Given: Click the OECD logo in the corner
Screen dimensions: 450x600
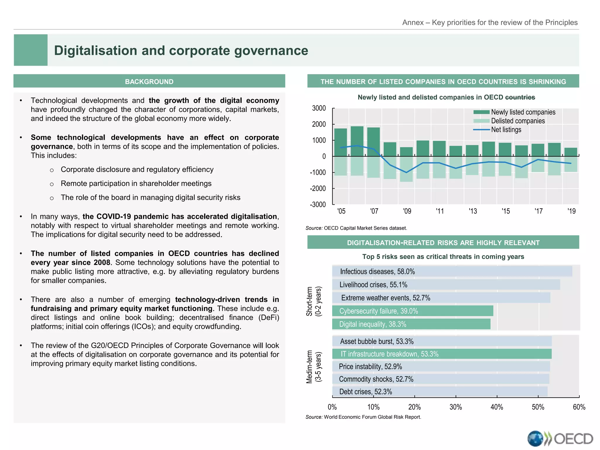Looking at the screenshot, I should (x=560, y=439).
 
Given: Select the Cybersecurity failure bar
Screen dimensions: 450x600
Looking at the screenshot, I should (x=412, y=311).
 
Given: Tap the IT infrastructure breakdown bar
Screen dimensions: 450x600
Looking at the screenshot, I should (x=442, y=354).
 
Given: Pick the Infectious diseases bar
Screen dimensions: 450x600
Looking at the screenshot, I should (x=452, y=271).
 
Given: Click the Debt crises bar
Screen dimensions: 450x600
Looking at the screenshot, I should (x=439, y=392).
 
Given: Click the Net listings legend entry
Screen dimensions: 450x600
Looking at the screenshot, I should (x=506, y=129).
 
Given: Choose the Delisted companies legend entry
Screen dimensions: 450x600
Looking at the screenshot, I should (x=517, y=121).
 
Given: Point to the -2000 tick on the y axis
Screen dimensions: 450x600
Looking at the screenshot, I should (x=318, y=188).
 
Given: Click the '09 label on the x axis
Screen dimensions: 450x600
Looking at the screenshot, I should (x=407, y=211).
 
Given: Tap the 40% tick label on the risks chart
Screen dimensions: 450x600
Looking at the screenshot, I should (x=497, y=407).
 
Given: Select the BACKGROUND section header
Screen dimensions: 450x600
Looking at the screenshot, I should (x=149, y=81).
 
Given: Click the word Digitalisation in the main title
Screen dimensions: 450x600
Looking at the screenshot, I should (x=96, y=50).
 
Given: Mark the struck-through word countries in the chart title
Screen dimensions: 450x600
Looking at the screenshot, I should (x=520, y=97).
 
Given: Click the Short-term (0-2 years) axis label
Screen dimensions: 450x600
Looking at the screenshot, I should (x=314, y=301).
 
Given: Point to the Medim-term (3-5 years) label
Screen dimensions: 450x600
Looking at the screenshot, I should (x=314, y=367).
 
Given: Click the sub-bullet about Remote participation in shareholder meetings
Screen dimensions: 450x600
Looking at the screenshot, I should (x=136, y=183).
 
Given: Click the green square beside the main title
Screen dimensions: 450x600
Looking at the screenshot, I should (x=30, y=50).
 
